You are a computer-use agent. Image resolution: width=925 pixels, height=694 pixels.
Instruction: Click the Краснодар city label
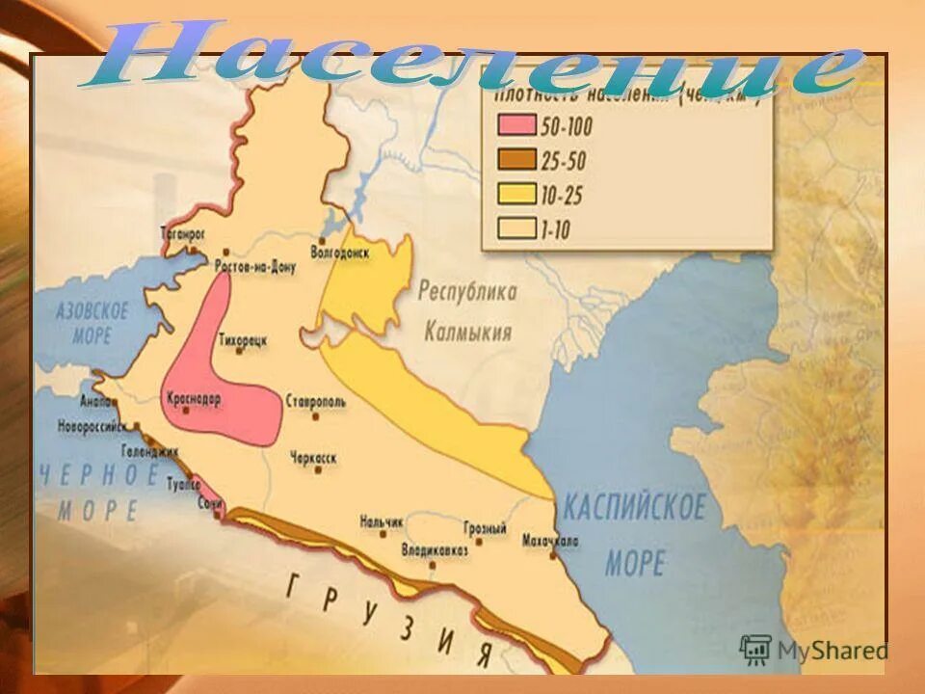pos(194,398)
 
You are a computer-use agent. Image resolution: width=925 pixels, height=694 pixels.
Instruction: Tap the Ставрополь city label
pos(315,400)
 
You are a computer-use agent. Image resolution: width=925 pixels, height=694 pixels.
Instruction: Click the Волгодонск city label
pos(340,252)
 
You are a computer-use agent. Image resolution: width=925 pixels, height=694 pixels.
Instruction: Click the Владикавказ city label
pos(435,549)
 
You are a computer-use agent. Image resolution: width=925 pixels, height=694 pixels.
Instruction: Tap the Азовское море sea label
pos(92,323)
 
